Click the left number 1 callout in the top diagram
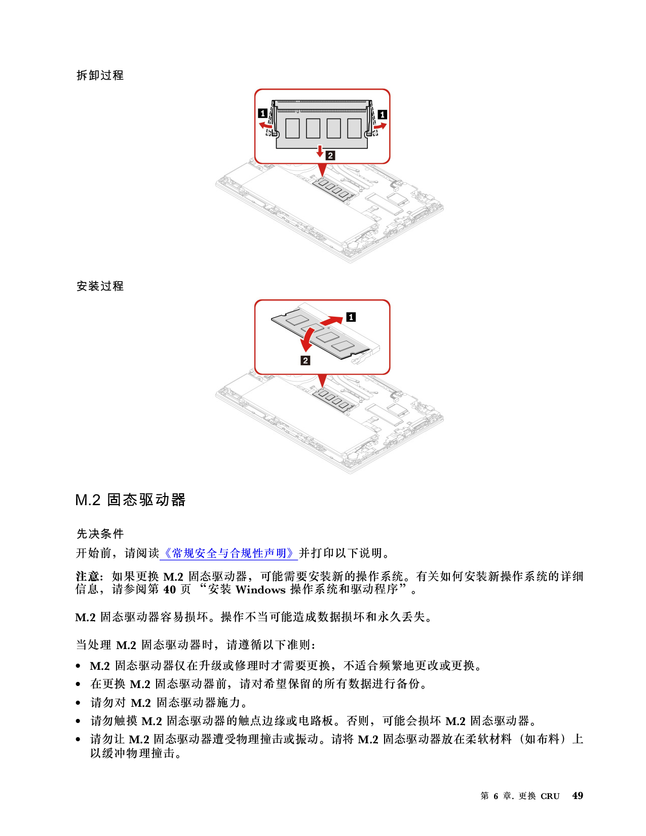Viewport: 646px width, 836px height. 262,113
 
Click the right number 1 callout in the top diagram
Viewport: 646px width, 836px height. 383,115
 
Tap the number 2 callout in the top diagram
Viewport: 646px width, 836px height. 330,156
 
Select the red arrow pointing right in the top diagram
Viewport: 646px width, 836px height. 380,125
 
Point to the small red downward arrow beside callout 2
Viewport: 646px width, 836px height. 320,150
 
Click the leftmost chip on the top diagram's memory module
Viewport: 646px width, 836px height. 292,128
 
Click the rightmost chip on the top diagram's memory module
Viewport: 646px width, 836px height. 354,128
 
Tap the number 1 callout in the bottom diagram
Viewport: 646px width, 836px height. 351,317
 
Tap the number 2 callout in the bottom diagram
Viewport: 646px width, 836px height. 305,360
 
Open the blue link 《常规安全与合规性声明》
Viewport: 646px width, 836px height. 229,553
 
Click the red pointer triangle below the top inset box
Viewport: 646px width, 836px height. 322,170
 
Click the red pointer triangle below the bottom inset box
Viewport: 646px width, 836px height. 322,381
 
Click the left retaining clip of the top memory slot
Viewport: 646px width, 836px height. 274,120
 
